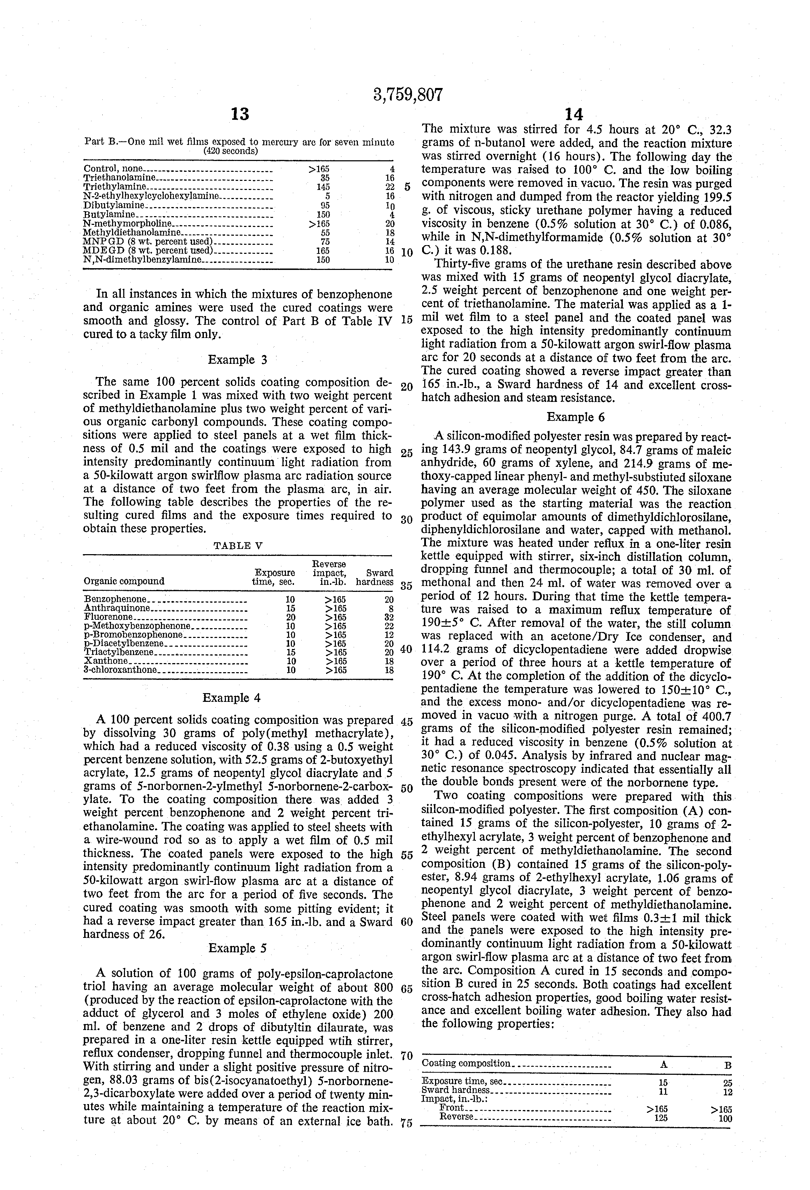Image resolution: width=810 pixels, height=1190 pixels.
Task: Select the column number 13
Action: tap(240, 114)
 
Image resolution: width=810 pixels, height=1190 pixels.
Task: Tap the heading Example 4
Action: tap(232, 698)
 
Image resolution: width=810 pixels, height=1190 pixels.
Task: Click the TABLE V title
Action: tap(238, 545)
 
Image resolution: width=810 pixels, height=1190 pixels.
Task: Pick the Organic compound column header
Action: tap(124, 581)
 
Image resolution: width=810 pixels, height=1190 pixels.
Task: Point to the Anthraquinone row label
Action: tap(117, 608)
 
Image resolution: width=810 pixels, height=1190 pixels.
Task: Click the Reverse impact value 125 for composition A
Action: tap(661, 1118)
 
